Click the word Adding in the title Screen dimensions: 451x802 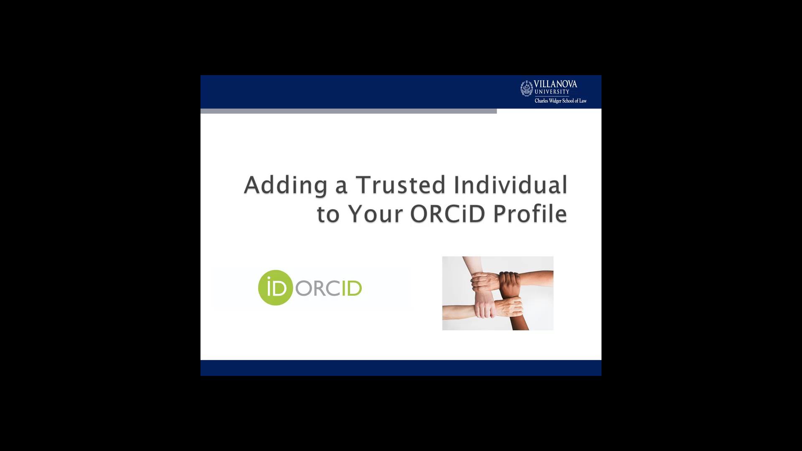(285, 185)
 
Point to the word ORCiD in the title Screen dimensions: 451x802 (447, 214)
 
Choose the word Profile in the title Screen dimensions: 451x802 (530, 214)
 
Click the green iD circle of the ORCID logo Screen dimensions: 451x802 (275, 288)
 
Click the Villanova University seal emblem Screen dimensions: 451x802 (526, 89)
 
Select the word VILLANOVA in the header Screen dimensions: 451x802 (555, 84)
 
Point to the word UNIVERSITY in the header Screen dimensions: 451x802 (552, 92)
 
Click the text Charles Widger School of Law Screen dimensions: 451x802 (561, 101)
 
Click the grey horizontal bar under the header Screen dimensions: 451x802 (348, 111)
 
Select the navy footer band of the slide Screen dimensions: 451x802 (401, 368)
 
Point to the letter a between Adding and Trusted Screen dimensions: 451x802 (341, 186)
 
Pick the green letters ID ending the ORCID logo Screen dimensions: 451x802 (352, 289)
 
